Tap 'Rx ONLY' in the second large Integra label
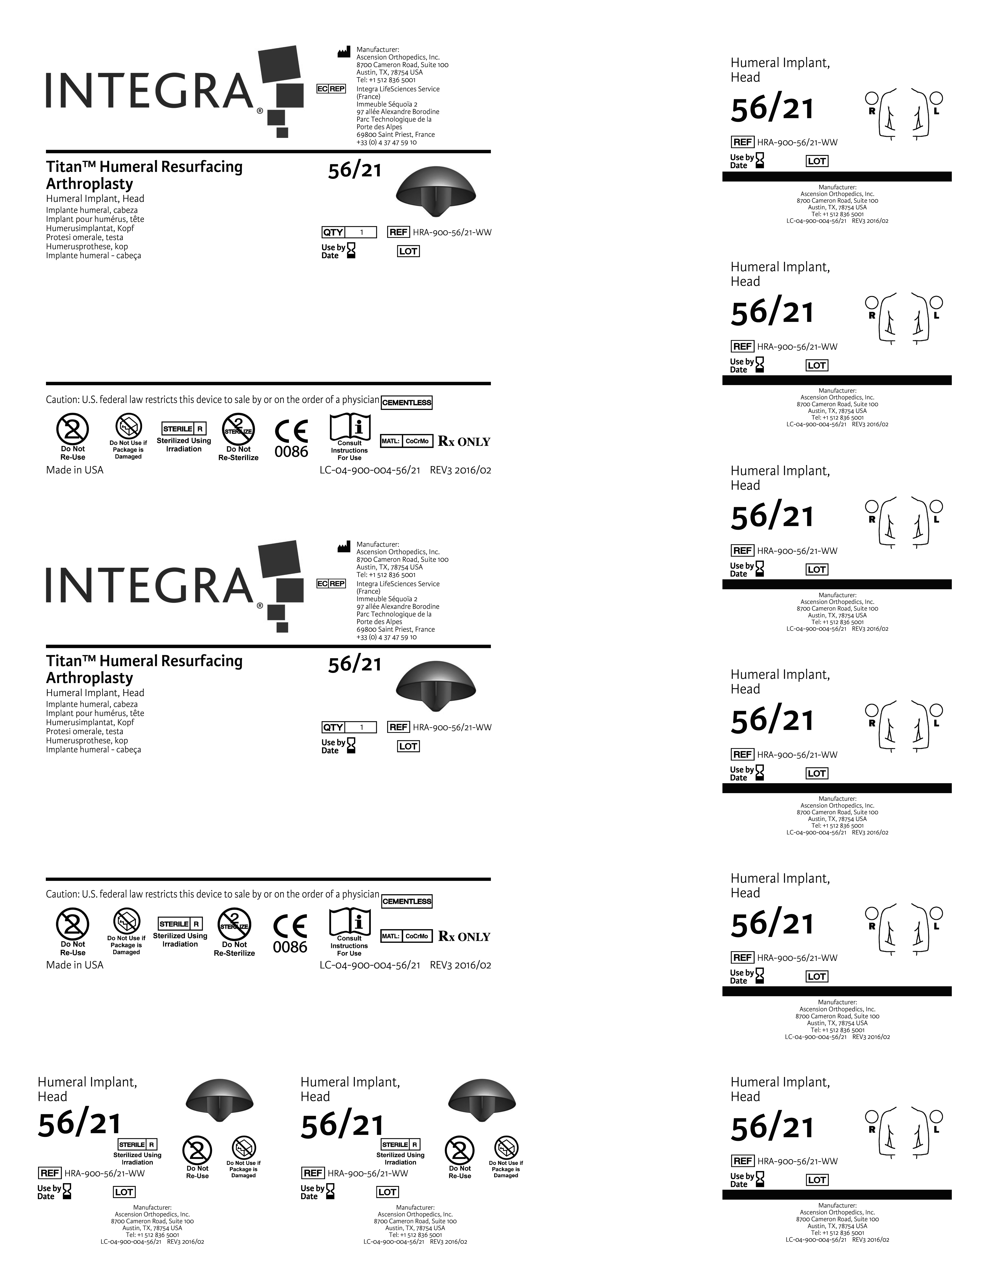point(464,937)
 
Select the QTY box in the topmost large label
point(349,232)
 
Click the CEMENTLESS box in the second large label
point(406,901)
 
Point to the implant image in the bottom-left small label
point(219,1099)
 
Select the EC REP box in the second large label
point(331,584)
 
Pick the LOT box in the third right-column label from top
point(816,570)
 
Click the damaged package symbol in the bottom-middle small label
point(505,1148)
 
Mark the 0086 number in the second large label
point(290,947)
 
